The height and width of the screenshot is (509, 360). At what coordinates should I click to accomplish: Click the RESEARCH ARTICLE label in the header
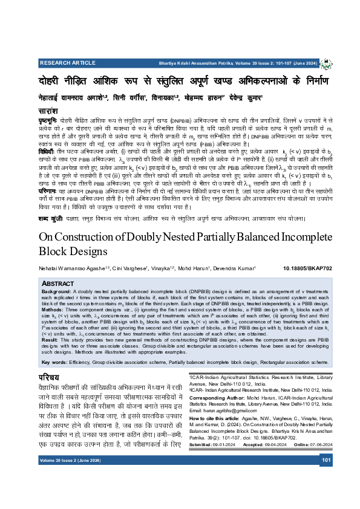(62, 62)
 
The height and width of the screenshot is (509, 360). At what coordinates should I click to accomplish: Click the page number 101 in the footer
(327, 460)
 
